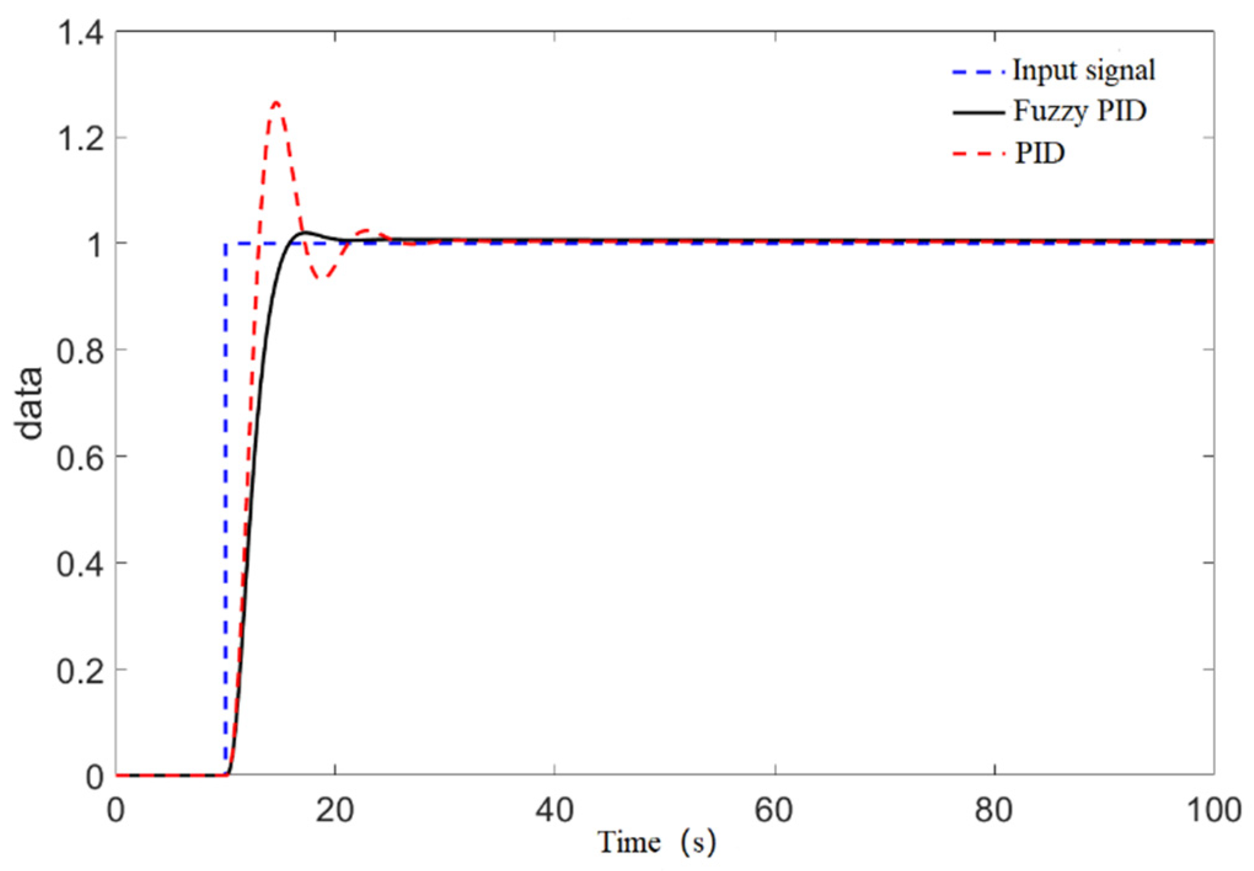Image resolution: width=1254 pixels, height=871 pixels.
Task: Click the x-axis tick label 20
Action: click(x=335, y=810)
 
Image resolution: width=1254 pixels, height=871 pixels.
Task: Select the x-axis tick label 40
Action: click(x=554, y=810)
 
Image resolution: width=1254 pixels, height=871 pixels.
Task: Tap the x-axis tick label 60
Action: click(x=774, y=810)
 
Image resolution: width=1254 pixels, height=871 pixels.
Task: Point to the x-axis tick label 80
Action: click(x=993, y=810)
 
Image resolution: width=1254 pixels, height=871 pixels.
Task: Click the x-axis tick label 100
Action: click(x=1213, y=810)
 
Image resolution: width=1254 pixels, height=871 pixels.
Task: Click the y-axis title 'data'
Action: click(x=30, y=403)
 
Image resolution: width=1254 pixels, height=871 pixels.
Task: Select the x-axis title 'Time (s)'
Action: click(x=657, y=843)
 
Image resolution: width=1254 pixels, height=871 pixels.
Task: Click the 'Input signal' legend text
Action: click(x=1083, y=70)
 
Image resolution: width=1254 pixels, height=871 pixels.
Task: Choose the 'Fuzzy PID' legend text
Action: click(x=1079, y=111)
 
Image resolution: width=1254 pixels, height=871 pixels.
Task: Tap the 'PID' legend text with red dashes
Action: click(x=1039, y=153)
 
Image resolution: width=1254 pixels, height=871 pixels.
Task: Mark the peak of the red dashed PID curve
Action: click(x=276, y=103)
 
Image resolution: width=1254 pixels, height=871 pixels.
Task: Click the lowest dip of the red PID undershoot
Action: click(x=322, y=278)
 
